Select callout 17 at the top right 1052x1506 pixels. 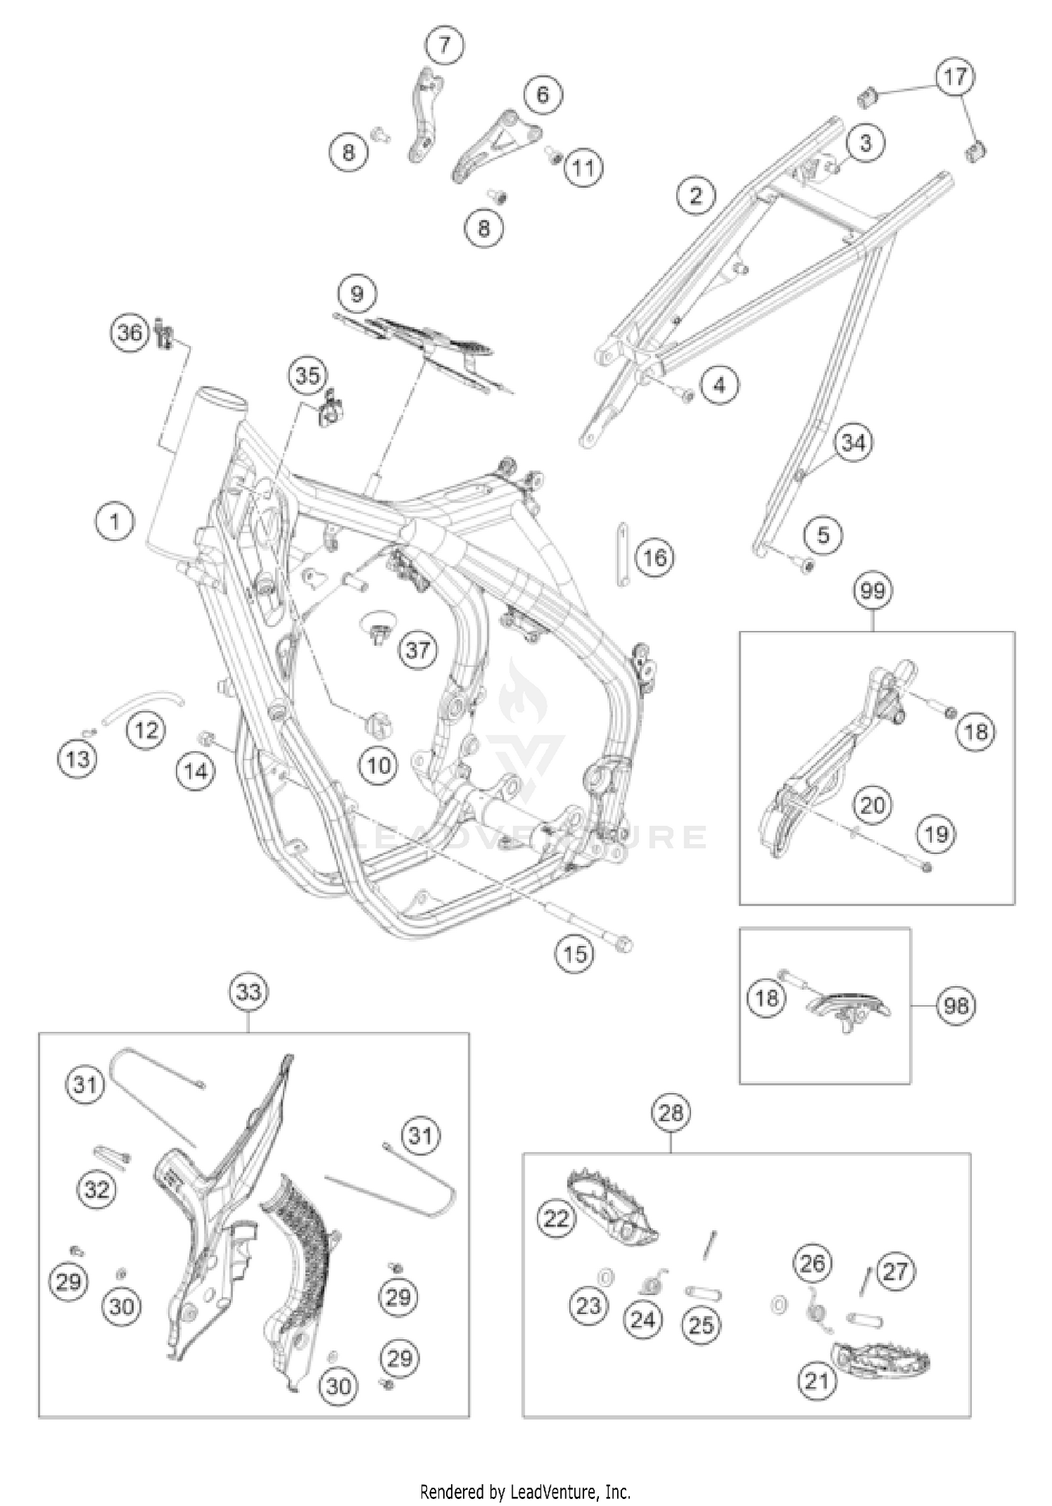coord(955,76)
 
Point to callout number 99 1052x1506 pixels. coord(873,591)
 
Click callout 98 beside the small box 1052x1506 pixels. coord(955,1006)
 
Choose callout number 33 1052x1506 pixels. coord(249,991)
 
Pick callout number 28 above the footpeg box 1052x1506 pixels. coord(671,1113)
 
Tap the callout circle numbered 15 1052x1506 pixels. coord(575,954)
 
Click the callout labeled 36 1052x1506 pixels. coord(130,332)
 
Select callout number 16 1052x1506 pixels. coord(655,558)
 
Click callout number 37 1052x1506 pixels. coord(418,649)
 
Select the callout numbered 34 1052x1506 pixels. coord(854,443)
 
